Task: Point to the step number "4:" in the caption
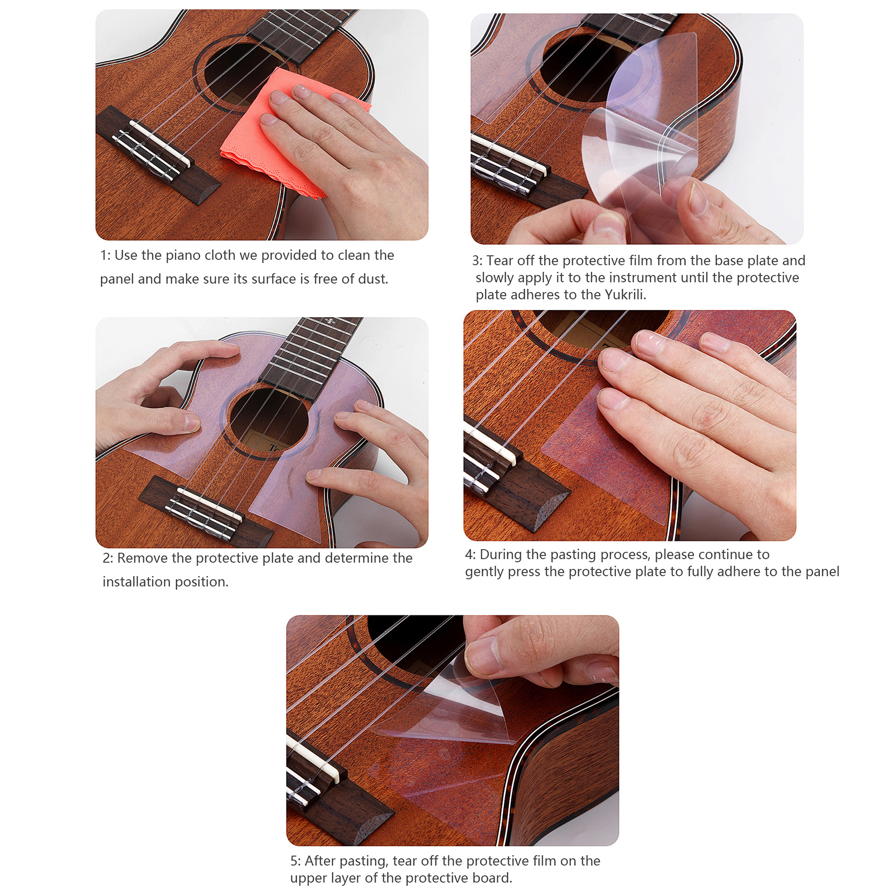coord(471,555)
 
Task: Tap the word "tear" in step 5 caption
coord(404,861)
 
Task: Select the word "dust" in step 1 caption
coord(373,279)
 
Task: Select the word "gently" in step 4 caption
coord(483,573)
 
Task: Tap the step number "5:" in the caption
coord(295,861)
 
